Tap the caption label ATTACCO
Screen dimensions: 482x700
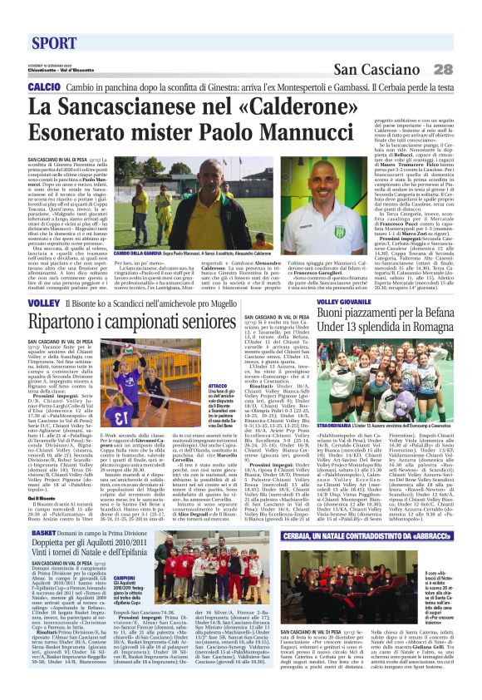pos(219,387)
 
